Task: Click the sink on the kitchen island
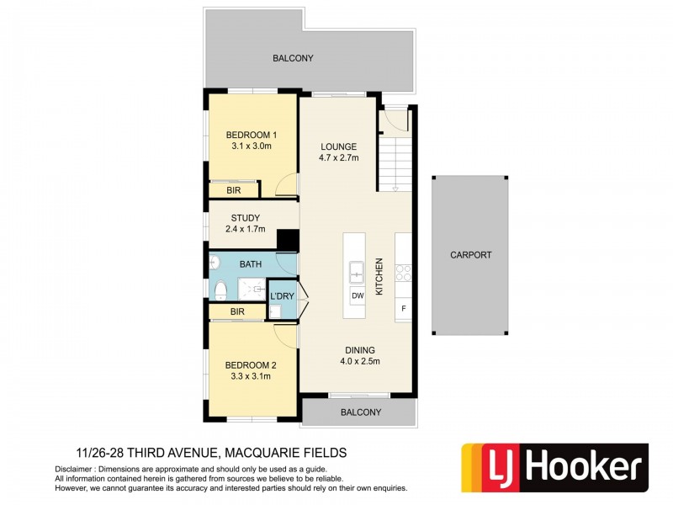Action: point(357,272)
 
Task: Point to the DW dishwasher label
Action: point(357,296)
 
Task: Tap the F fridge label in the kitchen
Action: point(404,308)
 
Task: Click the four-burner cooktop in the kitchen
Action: point(403,272)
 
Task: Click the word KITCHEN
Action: point(379,276)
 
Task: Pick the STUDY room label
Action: point(245,217)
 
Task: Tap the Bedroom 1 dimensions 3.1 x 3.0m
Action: point(251,146)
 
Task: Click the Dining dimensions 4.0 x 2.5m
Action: point(358,362)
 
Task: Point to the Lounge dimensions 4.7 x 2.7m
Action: point(338,157)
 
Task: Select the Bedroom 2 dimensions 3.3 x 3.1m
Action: point(250,376)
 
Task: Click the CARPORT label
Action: point(470,255)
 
